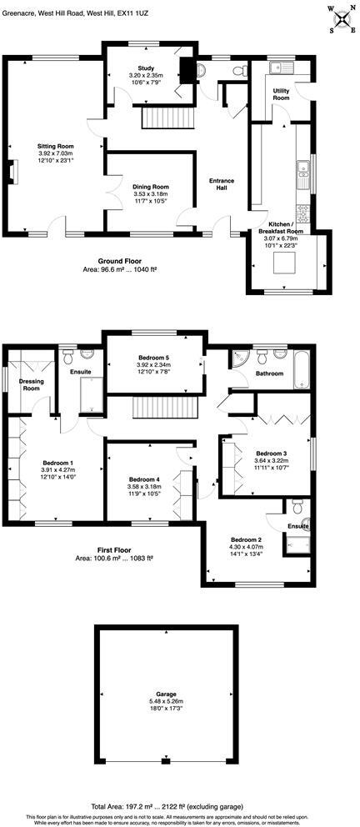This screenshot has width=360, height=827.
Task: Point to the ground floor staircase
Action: pos(162,118)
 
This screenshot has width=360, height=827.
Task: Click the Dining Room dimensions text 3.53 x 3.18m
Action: pos(151,194)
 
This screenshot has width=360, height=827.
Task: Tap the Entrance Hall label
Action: pos(222,183)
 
